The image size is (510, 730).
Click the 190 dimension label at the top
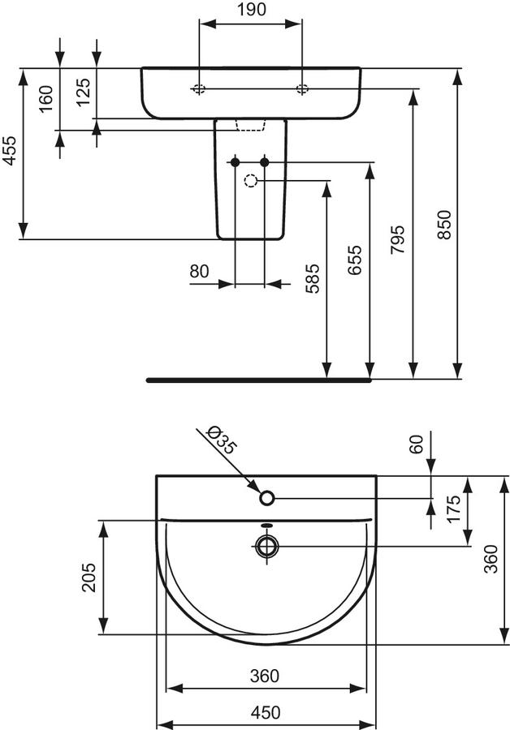(251, 9)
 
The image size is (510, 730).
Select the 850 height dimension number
(445, 225)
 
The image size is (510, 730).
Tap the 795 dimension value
(398, 240)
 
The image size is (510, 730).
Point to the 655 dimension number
(355, 260)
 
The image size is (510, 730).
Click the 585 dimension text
(313, 278)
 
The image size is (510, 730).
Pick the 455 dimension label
(9, 151)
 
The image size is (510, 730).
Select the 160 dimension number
(45, 99)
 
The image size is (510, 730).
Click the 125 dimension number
(83, 92)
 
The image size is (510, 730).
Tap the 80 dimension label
(200, 271)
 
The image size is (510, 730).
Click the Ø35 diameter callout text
(221, 439)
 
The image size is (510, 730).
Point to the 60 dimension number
(416, 444)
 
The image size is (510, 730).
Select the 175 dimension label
(452, 509)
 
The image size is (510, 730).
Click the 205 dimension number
(89, 578)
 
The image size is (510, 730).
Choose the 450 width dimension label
(266, 712)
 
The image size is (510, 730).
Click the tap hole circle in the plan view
(266, 498)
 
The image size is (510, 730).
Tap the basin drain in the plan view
(266, 546)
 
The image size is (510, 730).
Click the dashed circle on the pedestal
(251, 181)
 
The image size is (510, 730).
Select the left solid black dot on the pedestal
(235, 162)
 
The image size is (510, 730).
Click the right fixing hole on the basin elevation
(302, 89)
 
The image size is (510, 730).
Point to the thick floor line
(259, 380)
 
